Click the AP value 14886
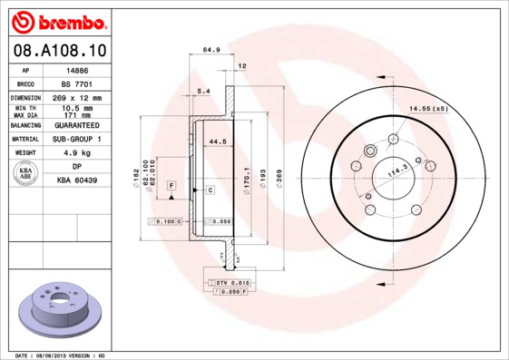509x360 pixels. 77,69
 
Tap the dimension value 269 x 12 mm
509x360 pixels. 77,97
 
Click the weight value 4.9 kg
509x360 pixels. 77,153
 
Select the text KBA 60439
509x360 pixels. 77,181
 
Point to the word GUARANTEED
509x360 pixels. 77,125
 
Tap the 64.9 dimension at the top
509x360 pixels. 211,50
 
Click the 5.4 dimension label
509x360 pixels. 203,92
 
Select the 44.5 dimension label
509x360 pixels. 217,142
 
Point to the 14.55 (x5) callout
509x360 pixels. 428,109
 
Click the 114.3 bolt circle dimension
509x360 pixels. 397,170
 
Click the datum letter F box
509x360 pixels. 170,185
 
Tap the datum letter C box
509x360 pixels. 210,190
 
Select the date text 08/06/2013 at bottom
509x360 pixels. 57,355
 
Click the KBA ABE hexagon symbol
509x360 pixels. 26,174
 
